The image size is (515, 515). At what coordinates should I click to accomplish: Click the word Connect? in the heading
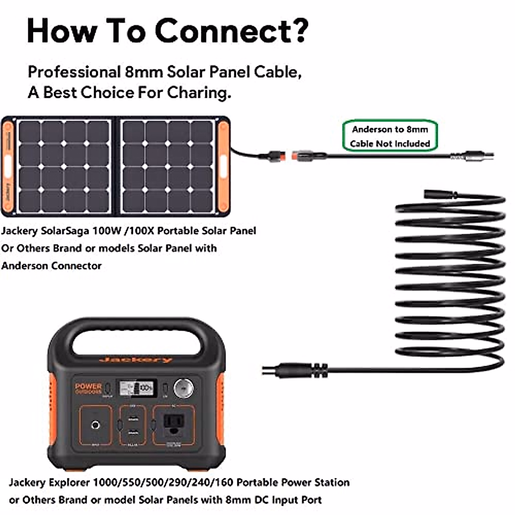231,31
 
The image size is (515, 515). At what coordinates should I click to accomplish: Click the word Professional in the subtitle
74,72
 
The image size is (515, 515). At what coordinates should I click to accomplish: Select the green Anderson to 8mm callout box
390,136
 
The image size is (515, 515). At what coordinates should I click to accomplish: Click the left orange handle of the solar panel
8,166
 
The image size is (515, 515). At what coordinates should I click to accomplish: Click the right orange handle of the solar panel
223,166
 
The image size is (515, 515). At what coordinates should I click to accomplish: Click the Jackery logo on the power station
136,359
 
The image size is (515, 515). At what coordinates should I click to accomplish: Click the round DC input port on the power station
96,425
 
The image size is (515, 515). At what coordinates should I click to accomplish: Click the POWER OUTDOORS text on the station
88,388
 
